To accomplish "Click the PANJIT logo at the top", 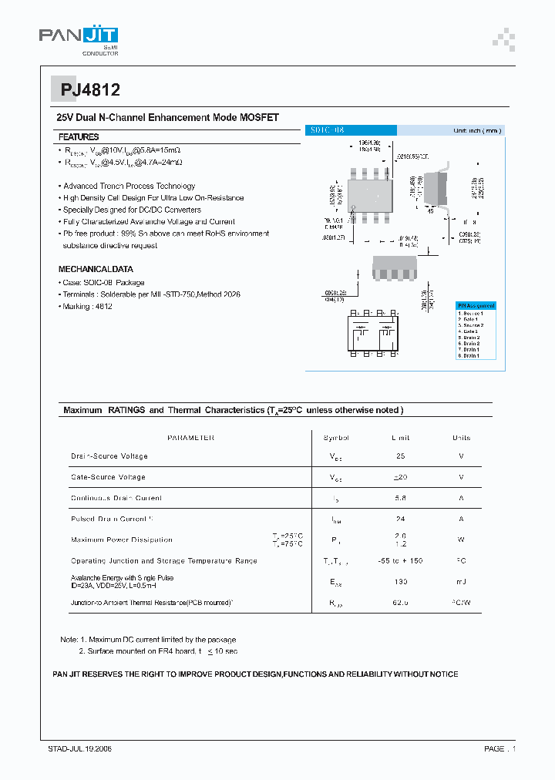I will pyautogui.click(x=79, y=38).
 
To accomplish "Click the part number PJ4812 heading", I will pyautogui.click(x=90, y=90).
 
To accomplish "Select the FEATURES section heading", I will pyautogui.click(x=79, y=136).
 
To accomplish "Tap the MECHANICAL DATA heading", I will pyautogui.click(x=96, y=270).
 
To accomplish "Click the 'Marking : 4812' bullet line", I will pyautogui.click(x=86, y=307).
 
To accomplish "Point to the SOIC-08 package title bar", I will pyautogui.click(x=351, y=131).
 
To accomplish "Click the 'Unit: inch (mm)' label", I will pyautogui.click(x=477, y=131).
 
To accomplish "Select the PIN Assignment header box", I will pyautogui.click(x=476, y=305).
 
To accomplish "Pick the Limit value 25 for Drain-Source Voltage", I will pyautogui.click(x=400, y=456).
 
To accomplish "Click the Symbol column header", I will pyautogui.click(x=336, y=438).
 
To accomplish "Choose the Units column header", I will pyautogui.click(x=461, y=438).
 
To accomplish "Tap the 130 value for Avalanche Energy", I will pyautogui.click(x=400, y=581).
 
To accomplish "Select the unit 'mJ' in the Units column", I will pyautogui.click(x=461, y=581).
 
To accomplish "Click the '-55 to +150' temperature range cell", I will pyautogui.click(x=400, y=560).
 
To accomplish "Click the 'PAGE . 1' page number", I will pyautogui.click(x=499, y=749).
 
